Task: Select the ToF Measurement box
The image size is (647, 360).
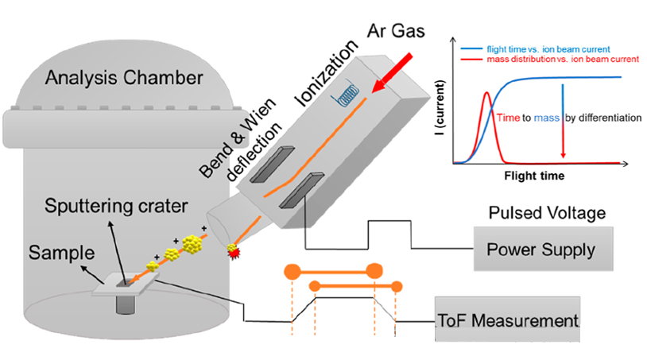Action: click(x=507, y=322)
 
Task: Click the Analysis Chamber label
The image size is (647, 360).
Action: click(x=123, y=78)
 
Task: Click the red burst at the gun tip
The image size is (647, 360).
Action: click(x=234, y=252)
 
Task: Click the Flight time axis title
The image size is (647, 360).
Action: click(x=533, y=172)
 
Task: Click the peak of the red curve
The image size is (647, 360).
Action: click(x=486, y=92)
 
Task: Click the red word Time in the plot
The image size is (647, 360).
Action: click(x=509, y=118)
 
